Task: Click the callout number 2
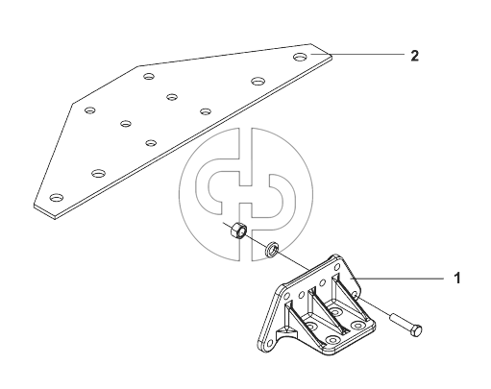(414, 56)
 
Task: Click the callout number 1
(457, 278)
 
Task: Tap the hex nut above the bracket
(238, 230)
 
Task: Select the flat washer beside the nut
(272, 249)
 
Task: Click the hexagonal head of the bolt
(415, 330)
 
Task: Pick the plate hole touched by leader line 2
(301, 57)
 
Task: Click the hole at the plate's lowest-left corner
(57, 198)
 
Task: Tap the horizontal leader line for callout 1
(398, 279)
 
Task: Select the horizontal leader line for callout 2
(357, 54)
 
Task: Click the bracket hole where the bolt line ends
(355, 294)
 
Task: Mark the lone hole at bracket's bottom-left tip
(269, 344)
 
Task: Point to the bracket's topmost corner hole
(337, 267)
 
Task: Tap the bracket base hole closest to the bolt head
(356, 326)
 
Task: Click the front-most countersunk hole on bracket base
(332, 340)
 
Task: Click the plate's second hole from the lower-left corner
(99, 173)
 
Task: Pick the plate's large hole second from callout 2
(258, 81)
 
